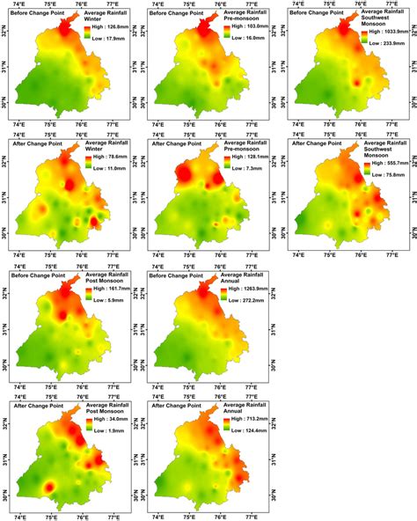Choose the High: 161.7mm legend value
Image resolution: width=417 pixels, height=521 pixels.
coord(106,288)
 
